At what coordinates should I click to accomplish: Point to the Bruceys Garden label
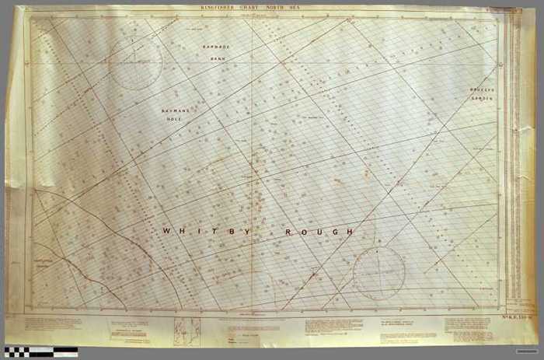(x=482, y=94)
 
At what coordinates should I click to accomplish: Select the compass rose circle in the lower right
(x=378, y=273)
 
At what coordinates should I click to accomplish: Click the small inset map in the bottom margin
(x=187, y=330)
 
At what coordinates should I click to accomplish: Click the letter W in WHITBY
(x=166, y=232)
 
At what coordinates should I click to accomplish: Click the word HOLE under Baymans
(x=176, y=120)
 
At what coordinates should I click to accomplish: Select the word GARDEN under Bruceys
(x=482, y=99)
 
